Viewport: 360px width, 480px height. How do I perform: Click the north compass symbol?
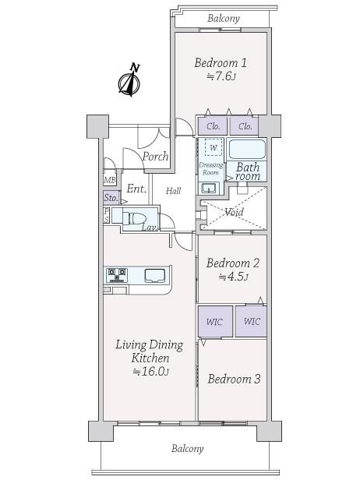click(130, 80)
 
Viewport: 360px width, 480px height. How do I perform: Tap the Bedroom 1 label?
click(221, 63)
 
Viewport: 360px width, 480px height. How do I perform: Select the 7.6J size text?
click(221, 76)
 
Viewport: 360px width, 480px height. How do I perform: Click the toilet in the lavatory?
click(135, 218)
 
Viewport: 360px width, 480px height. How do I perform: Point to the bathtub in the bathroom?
click(247, 150)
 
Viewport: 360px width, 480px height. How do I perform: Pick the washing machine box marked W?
click(214, 148)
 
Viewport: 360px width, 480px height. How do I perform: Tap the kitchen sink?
click(155, 275)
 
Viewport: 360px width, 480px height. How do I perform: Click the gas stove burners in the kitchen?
click(117, 275)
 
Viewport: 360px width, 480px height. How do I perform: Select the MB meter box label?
click(110, 181)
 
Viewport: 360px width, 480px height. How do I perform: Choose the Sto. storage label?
click(111, 198)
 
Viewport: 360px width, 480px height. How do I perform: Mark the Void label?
click(234, 211)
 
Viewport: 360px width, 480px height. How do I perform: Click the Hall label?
click(173, 191)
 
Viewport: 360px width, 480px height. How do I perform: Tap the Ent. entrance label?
click(136, 189)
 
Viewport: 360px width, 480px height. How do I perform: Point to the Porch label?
click(156, 157)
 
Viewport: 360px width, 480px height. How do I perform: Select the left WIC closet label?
click(214, 322)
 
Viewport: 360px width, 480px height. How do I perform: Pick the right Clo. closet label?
click(245, 126)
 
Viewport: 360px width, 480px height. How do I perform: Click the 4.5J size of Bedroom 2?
click(233, 277)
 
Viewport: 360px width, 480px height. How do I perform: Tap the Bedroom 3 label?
click(234, 379)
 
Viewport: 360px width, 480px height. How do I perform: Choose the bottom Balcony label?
click(187, 449)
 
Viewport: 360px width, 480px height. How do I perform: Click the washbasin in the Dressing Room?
click(209, 188)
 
